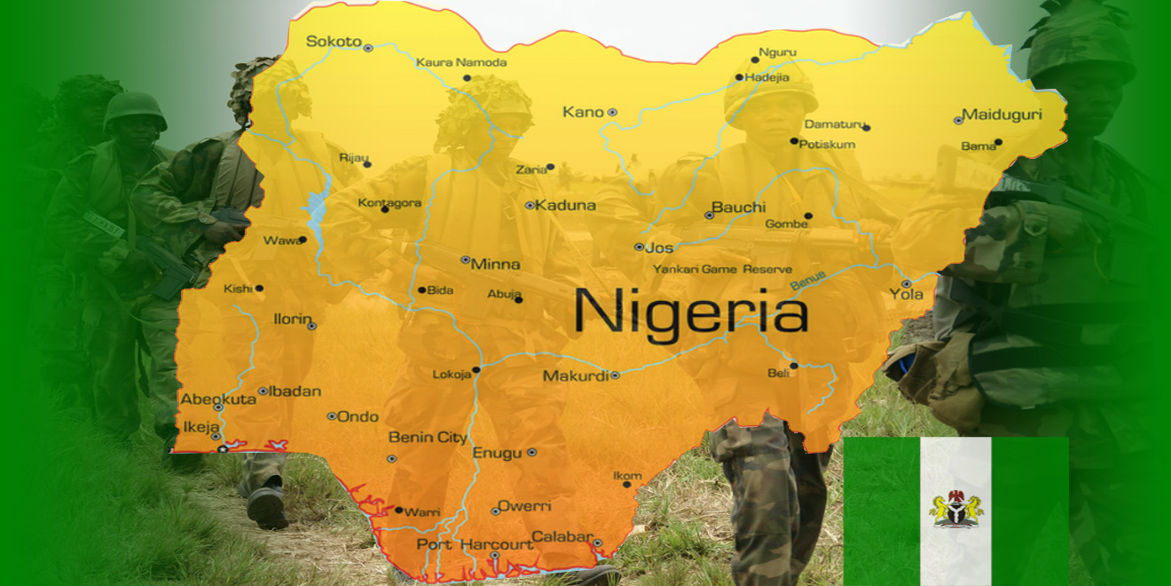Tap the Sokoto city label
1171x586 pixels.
[x=334, y=42]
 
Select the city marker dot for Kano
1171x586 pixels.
[x=612, y=113]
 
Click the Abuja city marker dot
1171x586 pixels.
[x=518, y=299]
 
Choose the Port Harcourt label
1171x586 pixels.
[x=475, y=543]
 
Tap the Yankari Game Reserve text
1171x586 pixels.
[x=722, y=269]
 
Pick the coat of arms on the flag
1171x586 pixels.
[x=956, y=509]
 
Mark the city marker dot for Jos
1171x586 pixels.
[x=639, y=247]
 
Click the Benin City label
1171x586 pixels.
[x=428, y=437]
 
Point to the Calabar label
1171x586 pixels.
[x=562, y=536]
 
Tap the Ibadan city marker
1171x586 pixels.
[x=263, y=391]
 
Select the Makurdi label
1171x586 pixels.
[x=576, y=376]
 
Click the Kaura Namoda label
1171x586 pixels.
[x=461, y=62]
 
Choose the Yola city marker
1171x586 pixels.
[x=907, y=284]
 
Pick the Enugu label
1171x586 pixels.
[x=497, y=453]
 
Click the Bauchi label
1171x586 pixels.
[x=738, y=207]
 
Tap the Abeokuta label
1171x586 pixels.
[x=218, y=400]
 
